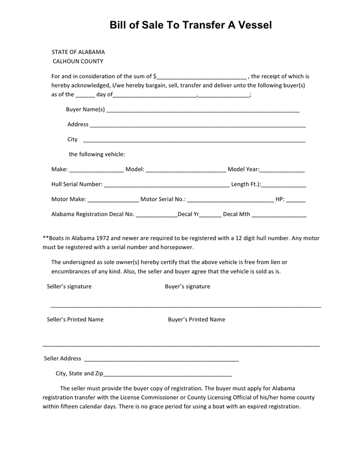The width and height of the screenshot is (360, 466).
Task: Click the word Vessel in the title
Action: (x=254, y=25)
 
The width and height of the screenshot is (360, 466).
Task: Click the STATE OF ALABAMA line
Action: (x=78, y=52)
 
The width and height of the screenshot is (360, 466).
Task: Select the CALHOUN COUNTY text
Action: (x=78, y=61)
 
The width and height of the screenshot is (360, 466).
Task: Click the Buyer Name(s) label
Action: (x=85, y=109)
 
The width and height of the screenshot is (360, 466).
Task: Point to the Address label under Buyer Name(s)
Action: (x=78, y=124)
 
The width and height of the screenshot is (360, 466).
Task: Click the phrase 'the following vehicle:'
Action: (x=97, y=154)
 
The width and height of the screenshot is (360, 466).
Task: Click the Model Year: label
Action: (x=243, y=169)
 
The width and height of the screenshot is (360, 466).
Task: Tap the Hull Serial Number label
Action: (x=77, y=184)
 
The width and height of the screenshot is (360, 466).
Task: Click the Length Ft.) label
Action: (x=246, y=184)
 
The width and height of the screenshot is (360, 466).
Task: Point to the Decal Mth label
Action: (x=236, y=214)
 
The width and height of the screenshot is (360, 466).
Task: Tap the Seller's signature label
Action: (x=69, y=286)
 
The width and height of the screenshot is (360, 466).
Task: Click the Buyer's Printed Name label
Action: (x=197, y=319)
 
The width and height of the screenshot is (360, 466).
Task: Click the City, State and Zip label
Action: (x=80, y=373)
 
